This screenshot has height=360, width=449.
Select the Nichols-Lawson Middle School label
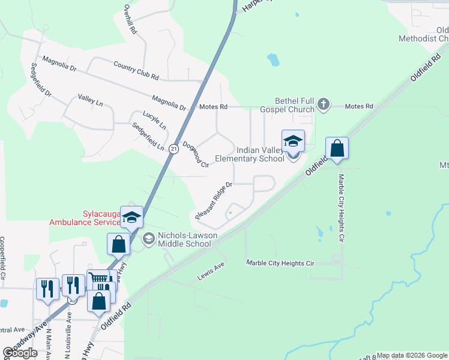[x=184, y=239]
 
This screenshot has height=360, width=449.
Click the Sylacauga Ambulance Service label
[x=85, y=218]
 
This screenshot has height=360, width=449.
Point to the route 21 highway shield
[x=173, y=148]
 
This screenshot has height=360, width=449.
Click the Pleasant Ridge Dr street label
[x=214, y=200]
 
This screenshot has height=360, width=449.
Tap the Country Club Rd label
[x=136, y=71]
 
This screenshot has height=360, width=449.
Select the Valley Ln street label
[x=91, y=100]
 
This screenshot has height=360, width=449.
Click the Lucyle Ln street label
[x=154, y=120]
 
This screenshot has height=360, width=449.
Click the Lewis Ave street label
[x=211, y=277]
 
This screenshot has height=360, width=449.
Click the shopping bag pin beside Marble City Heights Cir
[x=337, y=149]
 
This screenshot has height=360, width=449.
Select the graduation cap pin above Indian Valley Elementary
[x=293, y=142]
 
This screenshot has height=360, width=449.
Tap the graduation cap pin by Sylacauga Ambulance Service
[x=131, y=218]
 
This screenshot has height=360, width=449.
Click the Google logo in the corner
[x=20, y=353]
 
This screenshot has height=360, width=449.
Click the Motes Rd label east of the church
[x=360, y=106]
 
